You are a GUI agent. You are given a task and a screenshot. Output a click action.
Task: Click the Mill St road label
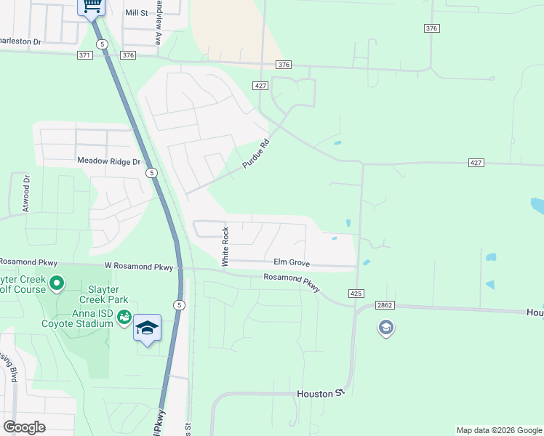136,13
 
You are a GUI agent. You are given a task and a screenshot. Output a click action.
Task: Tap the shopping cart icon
92,6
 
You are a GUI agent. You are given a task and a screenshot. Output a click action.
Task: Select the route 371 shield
85,55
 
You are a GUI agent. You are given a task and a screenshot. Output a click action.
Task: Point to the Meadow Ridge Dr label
108,161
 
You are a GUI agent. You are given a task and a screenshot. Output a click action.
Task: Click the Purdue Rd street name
256,154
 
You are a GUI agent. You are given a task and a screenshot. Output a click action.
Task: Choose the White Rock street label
225,246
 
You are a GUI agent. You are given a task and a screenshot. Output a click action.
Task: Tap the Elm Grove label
292,262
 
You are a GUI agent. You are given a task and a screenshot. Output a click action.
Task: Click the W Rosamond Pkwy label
138,267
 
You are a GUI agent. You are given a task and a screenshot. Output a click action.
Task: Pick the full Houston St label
319,393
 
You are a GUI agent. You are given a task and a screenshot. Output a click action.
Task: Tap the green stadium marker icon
124,317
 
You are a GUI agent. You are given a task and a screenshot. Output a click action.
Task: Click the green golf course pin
57,282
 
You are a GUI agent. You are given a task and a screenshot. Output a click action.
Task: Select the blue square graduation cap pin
148,328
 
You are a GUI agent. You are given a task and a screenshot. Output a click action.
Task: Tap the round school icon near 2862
385,328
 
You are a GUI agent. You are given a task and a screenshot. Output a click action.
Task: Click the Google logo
24,427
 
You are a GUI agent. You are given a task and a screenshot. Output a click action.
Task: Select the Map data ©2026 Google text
498,430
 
